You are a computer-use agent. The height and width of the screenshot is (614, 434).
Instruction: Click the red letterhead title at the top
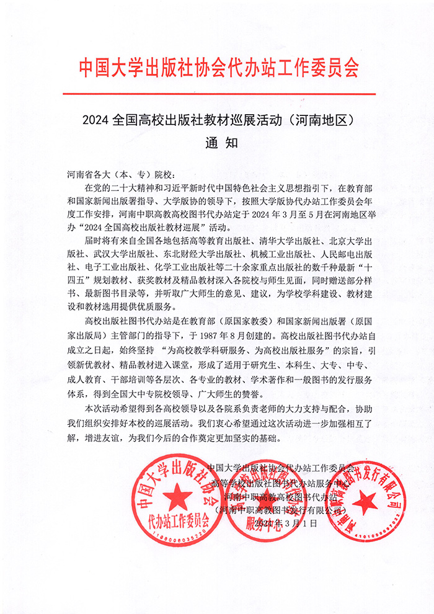pos(218,68)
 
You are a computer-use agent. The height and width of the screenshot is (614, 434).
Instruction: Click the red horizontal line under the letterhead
pos(218,94)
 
